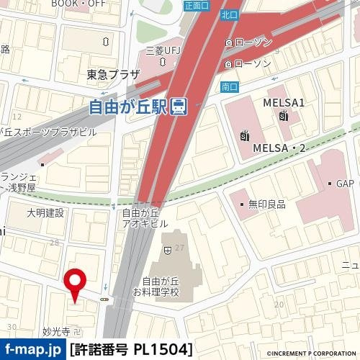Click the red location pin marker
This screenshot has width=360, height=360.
[75, 281]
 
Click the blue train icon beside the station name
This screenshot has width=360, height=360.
[180, 107]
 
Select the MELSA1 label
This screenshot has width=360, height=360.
[284, 102]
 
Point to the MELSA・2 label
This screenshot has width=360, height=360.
[279, 148]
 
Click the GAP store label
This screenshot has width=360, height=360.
[347, 184]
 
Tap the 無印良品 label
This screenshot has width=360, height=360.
[267, 204]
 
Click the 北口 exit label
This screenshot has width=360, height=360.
[230, 14]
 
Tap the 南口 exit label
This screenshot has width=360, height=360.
[230, 87]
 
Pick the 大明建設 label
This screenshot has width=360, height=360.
[45, 213]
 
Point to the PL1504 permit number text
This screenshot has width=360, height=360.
[162, 350]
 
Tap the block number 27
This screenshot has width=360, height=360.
[179, 248]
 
